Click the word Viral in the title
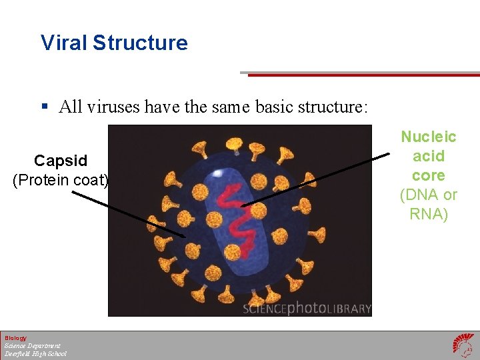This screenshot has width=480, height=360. click(64, 43)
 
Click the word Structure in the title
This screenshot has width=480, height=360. click(140, 43)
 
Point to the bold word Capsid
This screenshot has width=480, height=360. click(61, 161)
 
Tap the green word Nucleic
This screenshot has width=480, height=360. click(428, 137)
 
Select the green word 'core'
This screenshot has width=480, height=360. click(428, 175)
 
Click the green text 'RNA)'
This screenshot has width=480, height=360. click(428, 214)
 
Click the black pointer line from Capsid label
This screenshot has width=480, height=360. click(127, 213)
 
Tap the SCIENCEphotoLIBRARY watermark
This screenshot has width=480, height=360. click(306, 309)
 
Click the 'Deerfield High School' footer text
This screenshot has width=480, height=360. click(35, 354)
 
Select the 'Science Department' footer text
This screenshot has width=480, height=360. click(32, 346)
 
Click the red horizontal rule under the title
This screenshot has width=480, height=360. click(363, 75)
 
